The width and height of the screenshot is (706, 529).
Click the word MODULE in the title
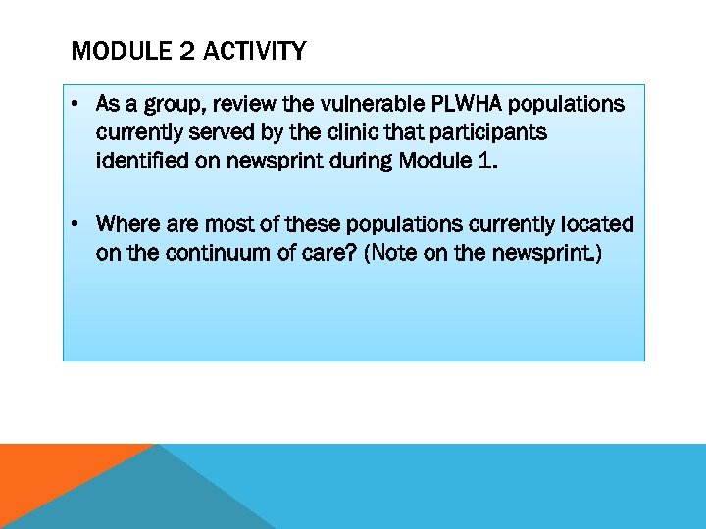(110, 51)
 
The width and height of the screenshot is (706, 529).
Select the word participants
(482, 132)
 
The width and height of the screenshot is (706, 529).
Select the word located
(597, 225)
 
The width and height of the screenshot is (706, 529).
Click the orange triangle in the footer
(49, 475)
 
